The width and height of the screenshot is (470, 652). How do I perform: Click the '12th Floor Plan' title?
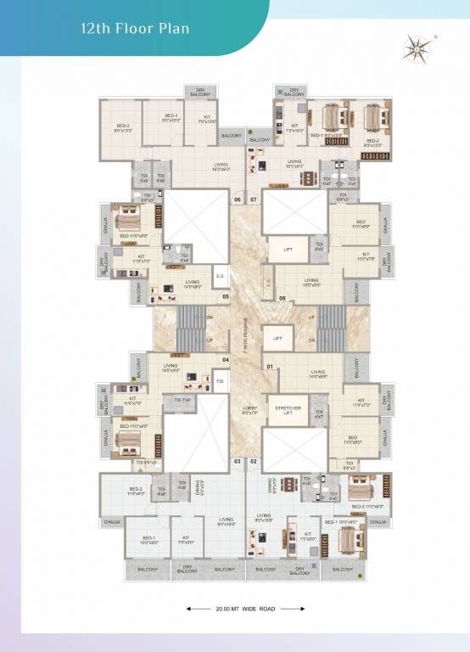135,28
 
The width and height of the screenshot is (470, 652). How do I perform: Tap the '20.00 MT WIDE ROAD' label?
234,609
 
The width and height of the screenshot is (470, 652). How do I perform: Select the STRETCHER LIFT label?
288,411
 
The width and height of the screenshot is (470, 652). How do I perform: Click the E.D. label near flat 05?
219,276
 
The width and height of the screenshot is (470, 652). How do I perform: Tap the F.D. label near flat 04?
219,380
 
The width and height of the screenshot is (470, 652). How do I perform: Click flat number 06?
238,200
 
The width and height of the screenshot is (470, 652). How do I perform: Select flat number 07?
253,200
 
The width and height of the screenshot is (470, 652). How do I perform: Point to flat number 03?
238,461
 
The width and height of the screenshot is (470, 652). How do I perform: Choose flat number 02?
254,461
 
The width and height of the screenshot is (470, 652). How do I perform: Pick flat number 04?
225,360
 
